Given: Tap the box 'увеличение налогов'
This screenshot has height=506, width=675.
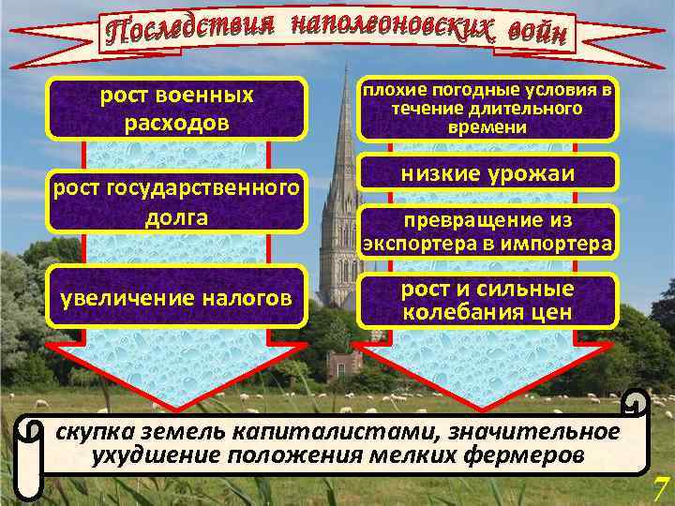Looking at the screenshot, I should [x=176, y=299].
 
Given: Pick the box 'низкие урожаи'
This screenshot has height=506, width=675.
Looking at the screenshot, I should [x=487, y=174].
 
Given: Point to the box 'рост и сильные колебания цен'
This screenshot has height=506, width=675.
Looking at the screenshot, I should [x=487, y=300].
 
